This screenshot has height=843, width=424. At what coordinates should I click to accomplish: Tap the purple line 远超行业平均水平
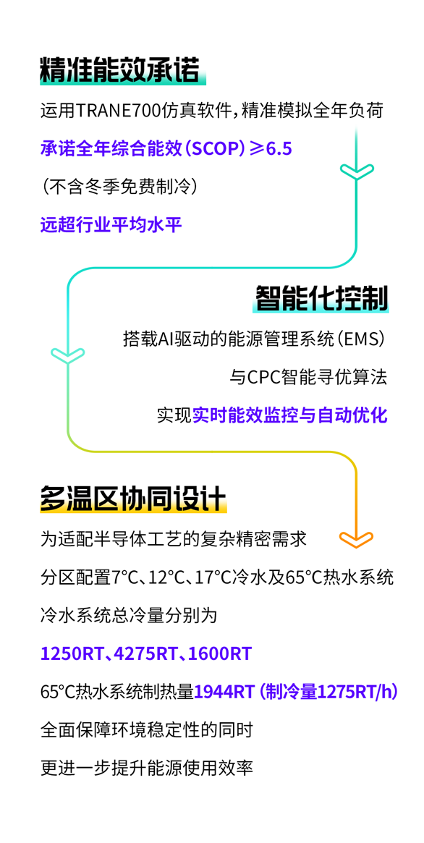111,224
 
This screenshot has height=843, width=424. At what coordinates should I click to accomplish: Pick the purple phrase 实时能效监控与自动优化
290,415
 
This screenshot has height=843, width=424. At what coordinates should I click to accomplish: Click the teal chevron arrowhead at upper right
357,171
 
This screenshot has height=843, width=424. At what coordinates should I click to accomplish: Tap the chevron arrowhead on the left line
68,354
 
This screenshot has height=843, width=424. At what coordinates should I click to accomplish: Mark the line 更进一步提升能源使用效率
147,768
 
